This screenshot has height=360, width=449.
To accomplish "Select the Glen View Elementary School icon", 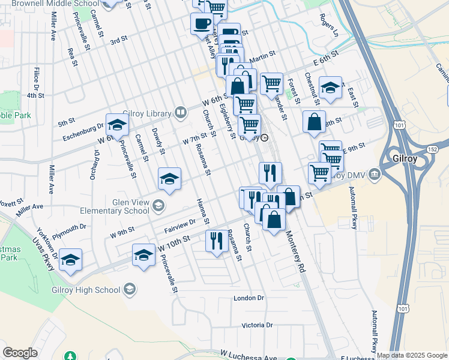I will coord(158,206).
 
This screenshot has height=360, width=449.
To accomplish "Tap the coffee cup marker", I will coord(201,24).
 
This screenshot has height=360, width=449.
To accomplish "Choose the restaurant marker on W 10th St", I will coord(215,240).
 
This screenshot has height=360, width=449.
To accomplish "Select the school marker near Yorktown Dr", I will coord(70,259).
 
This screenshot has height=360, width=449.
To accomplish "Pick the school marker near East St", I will coord(330,88).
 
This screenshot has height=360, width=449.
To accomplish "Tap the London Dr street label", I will coord(249,298).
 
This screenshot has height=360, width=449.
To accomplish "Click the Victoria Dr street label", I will coord(257,325).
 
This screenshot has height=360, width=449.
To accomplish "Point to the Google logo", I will coord(20,353).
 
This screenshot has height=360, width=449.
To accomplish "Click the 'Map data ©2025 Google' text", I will coord(412,355).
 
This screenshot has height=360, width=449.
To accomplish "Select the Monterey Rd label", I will coord(295,252).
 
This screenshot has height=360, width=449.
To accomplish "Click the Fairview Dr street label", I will coord(179,226).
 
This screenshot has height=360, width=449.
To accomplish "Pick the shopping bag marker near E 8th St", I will coord(314,122).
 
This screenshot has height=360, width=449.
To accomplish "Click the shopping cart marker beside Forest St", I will coord(272,83).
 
